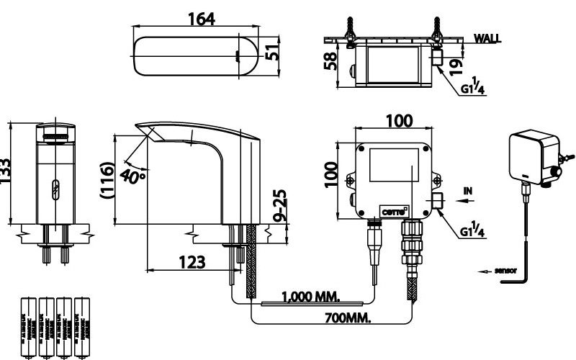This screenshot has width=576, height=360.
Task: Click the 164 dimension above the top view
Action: (202, 19)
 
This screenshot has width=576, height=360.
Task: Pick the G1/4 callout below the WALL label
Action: (472, 89)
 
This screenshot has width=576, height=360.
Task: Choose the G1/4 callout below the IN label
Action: (472, 230)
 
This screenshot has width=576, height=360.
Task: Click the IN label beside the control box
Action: (469, 191)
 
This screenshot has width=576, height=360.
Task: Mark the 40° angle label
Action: (133, 175)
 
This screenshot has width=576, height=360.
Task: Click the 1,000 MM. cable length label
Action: (311, 297)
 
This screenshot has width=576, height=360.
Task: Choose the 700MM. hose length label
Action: (341, 318)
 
